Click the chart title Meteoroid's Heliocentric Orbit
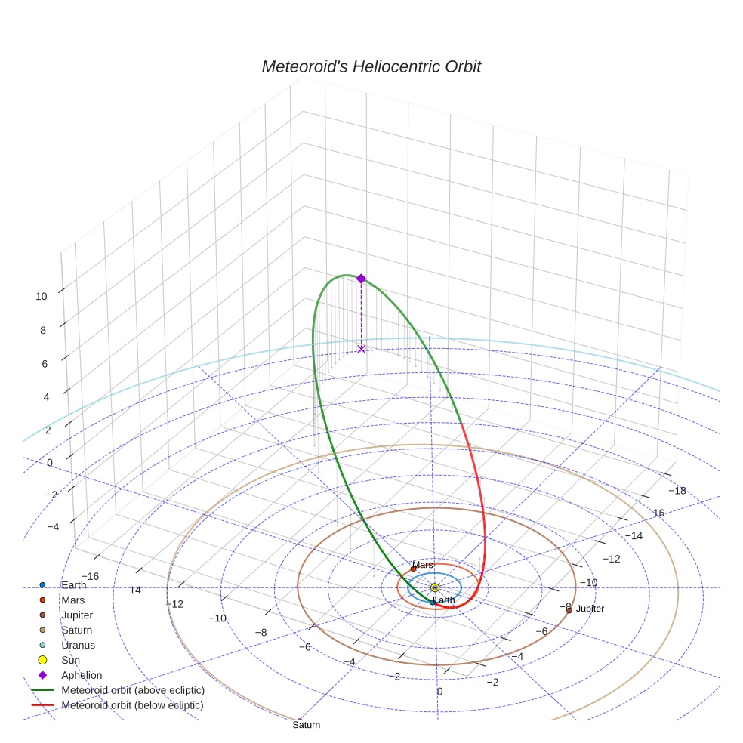(x=371, y=67)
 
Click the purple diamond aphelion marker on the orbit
(x=361, y=279)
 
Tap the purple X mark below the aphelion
(x=361, y=348)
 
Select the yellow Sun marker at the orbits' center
(x=434, y=587)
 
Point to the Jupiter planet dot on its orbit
(x=569, y=610)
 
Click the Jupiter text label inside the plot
(x=590, y=609)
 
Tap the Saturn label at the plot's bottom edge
(x=307, y=725)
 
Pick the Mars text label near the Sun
(x=423, y=565)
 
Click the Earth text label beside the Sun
(x=444, y=600)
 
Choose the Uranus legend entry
(x=78, y=646)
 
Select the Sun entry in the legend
(x=71, y=661)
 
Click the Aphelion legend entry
(x=82, y=676)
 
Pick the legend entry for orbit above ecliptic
(x=133, y=691)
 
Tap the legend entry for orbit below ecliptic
(x=133, y=706)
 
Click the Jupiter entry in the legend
(x=77, y=615)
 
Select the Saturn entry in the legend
(x=77, y=630)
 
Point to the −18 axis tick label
(x=677, y=491)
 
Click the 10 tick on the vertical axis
(x=42, y=297)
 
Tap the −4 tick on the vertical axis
(x=52, y=527)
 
